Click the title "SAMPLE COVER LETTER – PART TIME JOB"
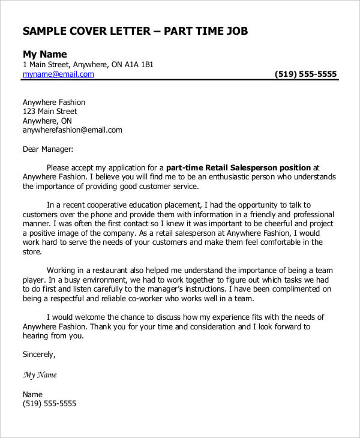click(135, 31)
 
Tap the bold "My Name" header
click(45, 53)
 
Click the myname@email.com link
click(58, 74)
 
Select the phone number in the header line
click(305, 74)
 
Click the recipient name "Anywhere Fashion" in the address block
click(54, 102)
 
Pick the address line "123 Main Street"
click(50, 111)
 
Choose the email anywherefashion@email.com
click(73, 130)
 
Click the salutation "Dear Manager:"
click(48, 148)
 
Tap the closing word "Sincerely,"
click(39, 355)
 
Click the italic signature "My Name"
click(40, 375)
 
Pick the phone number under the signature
click(49, 404)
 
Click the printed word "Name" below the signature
click(33, 394)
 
